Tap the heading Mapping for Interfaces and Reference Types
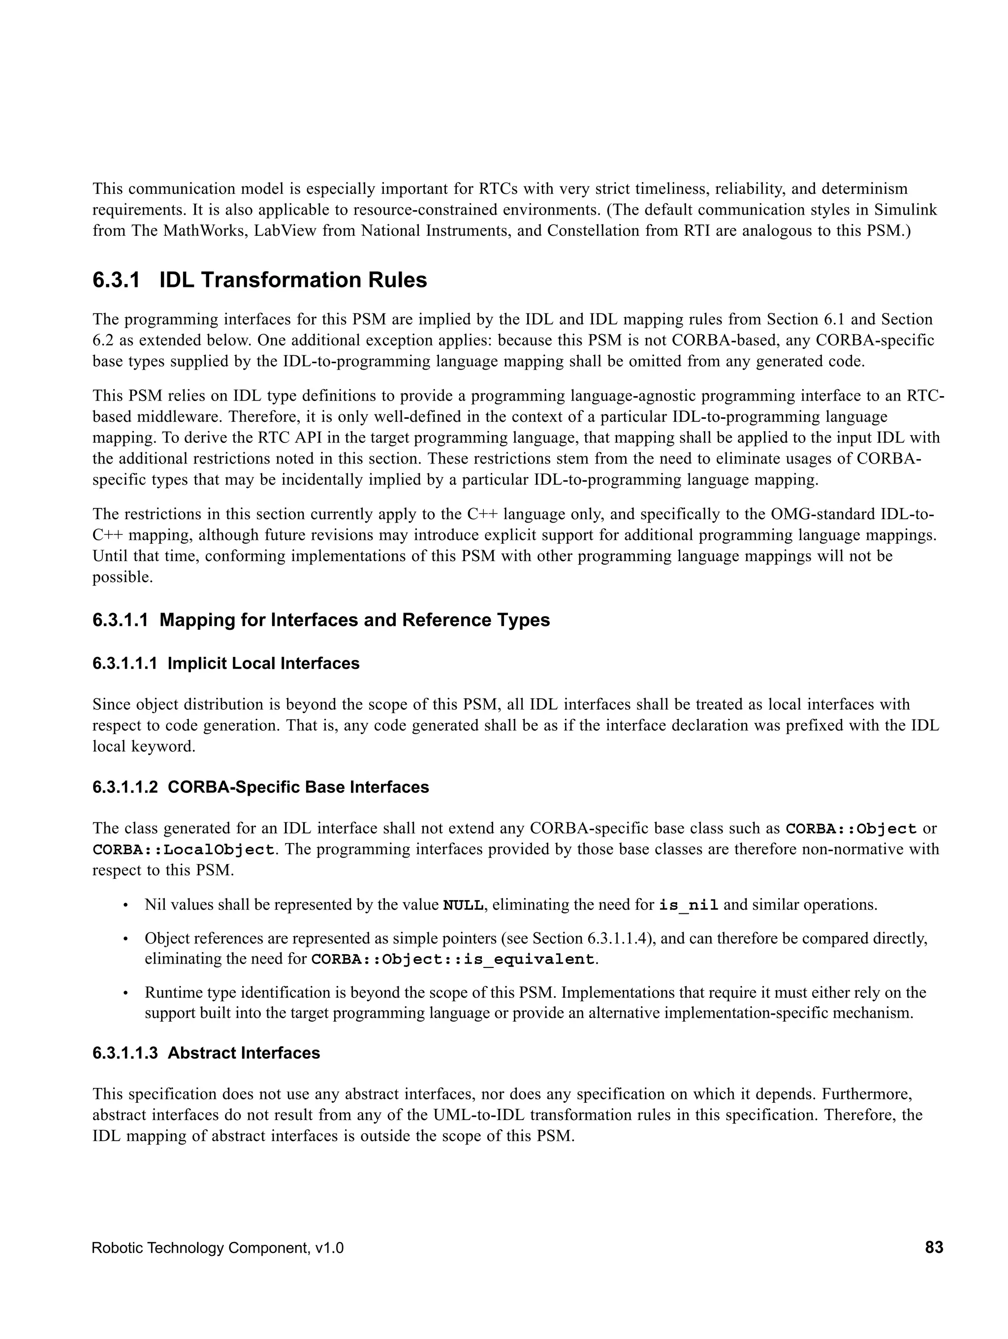pos(354,620)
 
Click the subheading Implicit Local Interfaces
pos(263,663)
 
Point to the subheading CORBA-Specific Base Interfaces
pos(298,787)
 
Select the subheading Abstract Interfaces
pos(243,1053)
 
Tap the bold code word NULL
pos(463,905)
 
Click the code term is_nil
pos(689,905)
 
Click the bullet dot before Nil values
pos(126,905)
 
